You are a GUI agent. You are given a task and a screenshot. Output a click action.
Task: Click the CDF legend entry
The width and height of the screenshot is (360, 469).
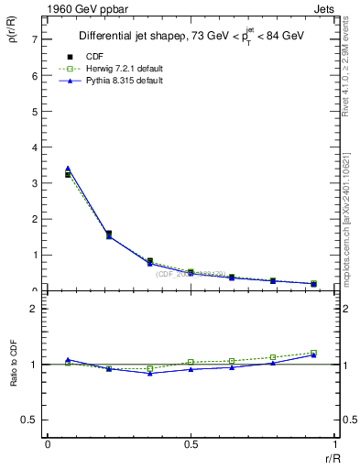point(93,57)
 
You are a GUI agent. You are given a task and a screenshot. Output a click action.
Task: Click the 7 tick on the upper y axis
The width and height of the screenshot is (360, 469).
point(34,39)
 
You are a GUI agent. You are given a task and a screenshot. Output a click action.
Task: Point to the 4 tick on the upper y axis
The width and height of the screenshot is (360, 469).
point(34,147)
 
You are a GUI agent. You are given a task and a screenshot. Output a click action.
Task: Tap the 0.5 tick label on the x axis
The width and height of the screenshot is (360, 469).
point(190,445)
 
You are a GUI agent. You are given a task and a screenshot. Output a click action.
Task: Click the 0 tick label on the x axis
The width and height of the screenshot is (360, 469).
point(48,445)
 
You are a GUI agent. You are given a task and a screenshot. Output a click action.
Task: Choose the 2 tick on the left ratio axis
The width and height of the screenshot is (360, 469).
point(34,309)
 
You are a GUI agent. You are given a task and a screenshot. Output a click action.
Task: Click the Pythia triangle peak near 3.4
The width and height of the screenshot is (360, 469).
point(68,169)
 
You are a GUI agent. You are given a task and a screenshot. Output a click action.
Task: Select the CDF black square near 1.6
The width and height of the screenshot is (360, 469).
point(108,234)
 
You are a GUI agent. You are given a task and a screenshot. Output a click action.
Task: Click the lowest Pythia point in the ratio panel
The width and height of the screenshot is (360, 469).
point(149,373)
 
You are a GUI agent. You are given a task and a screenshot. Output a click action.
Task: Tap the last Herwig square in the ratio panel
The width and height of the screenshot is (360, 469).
point(313,353)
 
